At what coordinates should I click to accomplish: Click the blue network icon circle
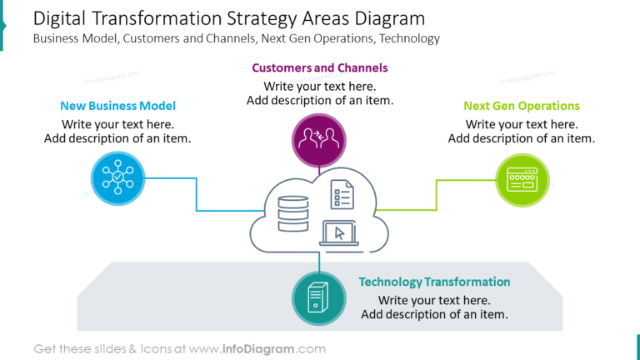[x=117, y=177]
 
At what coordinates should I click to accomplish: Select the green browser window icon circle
[x=522, y=178]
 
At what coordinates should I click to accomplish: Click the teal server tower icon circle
[x=319, y=298]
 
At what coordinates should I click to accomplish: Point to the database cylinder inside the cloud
[x=292, y=215]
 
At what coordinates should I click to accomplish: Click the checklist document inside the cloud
[x=342, y=193]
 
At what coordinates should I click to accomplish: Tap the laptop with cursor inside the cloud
[x=338, y=233]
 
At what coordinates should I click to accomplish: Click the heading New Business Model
[x=117, y=106]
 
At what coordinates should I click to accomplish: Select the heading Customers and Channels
[x=320, y=67]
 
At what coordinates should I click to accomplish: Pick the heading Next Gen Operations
[x=522, y=106]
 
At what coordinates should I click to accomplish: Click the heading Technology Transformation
[x=434, y=282]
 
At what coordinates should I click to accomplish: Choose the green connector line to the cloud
[x=437, y=197]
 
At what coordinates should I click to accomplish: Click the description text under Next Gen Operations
[x=522, y=132]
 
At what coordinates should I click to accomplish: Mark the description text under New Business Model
[x=117, y=132]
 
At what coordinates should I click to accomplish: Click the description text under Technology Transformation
[x=434, y=307]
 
